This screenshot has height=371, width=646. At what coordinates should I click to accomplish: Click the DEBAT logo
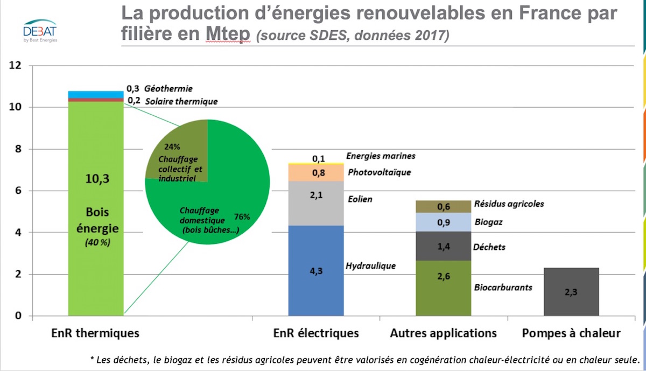click(40, 31)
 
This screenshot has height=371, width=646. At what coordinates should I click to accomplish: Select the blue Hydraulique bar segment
click(316, 271)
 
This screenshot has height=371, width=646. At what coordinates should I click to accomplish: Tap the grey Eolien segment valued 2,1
click(316, 204)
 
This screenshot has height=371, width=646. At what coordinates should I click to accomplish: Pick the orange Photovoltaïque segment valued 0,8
click(316, 173)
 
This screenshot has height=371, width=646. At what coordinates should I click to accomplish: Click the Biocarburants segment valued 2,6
click(443, 288)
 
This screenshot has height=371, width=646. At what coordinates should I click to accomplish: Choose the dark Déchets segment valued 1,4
click(443, 246)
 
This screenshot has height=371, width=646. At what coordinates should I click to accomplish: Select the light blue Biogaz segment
click(443, 222)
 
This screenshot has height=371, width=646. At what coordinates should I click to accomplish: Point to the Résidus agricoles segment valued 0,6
click(443, 207)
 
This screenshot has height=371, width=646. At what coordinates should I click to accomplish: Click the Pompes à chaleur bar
click(571, 292)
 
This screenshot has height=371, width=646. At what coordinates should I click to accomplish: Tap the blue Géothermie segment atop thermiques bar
click(96, 95)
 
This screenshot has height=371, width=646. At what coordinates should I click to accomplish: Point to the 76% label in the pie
click(242, 216)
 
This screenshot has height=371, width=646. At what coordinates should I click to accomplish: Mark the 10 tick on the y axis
click(15, 107)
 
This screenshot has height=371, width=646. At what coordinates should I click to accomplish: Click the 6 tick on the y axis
click(18, 191)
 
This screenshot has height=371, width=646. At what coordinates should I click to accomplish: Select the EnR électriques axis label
click(316, 333)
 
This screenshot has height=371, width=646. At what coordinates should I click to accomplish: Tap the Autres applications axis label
click(443, 333)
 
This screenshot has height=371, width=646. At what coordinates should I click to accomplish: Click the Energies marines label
click(381, 156)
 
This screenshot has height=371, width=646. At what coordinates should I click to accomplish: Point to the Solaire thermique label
click(181, 102)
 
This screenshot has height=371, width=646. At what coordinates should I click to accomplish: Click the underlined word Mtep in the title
click(228, 33)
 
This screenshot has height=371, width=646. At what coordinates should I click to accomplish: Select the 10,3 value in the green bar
click(97, 179)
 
